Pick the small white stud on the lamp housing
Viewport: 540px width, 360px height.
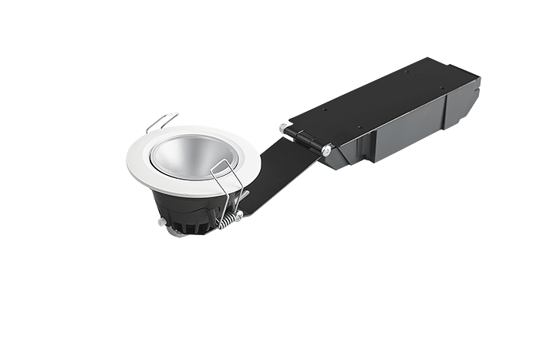coord(161,222)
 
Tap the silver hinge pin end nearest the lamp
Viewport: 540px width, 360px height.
coord(285,128)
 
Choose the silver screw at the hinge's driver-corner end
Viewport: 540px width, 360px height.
coord(328,150)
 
